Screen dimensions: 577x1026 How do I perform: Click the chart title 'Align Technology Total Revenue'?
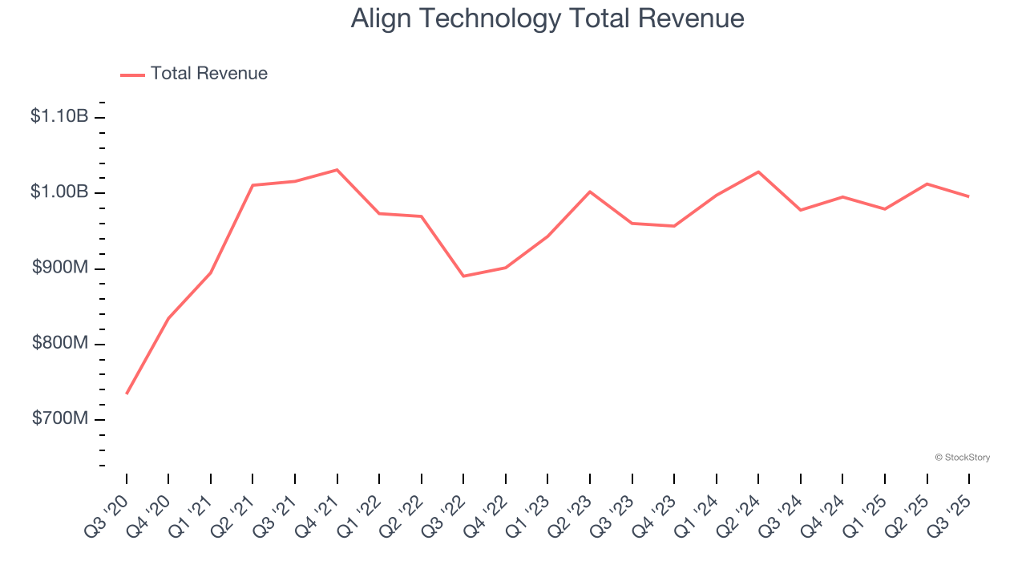(x=547, y=18)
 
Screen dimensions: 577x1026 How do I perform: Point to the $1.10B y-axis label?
(x=59, y=117)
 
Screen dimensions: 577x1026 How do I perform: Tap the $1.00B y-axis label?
(x=59, y=192)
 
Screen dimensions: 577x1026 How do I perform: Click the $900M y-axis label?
(x=60, y=268)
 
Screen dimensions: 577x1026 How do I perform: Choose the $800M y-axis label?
(x=60, y=344)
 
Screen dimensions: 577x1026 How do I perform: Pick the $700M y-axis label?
(x=60, y=419)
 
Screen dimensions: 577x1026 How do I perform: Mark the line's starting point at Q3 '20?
(x=127, y=393)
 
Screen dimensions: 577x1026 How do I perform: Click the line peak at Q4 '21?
(x=337, y=170)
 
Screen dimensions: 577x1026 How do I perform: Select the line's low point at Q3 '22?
(x=464, y=276)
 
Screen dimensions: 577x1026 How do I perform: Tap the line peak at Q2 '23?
(x=590, y=192)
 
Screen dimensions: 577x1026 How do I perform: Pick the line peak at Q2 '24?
(x=758, y=171)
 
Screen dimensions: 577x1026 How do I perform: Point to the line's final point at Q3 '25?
(x=969, y=196)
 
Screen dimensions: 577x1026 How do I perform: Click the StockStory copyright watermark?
(x=962, y=458)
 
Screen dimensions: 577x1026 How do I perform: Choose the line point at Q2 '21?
(x=252, y=185)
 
